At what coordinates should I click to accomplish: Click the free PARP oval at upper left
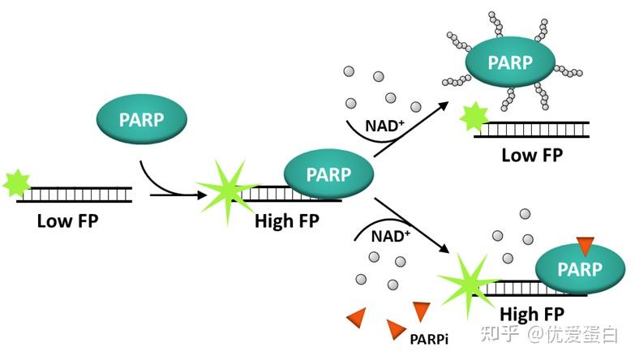142,121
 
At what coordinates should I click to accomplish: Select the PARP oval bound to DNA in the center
328,174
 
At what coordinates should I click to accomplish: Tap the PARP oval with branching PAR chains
509,62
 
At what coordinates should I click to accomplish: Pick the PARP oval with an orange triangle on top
579,268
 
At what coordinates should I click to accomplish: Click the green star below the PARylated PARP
471,119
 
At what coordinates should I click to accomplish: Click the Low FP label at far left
67,221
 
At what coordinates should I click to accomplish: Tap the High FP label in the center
285,221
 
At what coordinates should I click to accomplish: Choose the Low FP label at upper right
531,155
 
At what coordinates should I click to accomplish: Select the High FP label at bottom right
531,313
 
